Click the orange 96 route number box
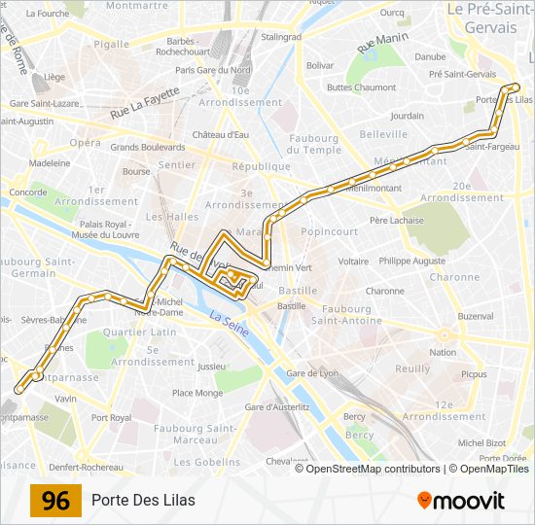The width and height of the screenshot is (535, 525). pos(55,501)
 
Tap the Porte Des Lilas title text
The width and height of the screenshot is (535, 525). pos(143,501)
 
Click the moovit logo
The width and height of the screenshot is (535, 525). pos(461,501)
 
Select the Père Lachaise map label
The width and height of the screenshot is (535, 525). pos(397,221)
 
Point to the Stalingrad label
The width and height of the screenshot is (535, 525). pos(281,37)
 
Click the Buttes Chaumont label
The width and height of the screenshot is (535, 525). pos(362,87)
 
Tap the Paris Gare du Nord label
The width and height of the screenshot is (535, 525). pos(211,70)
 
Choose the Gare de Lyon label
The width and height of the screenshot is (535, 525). pos(313,373)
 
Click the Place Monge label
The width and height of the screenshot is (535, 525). pos(196,394)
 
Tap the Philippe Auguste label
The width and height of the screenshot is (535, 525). pos(412,262)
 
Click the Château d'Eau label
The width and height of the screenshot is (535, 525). pos(221,134)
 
